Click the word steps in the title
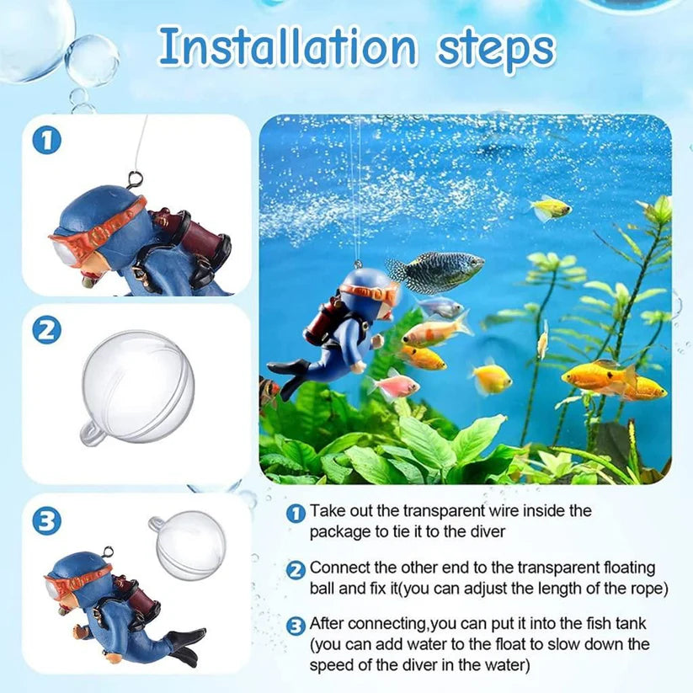(x=487, y=48)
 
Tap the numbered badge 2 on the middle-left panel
(x=47, y=330)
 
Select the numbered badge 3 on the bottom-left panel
(x=47, y=521)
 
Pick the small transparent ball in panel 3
(x=190, y=544)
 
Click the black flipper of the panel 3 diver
(x=186, y=643)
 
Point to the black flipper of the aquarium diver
(x=291, y=371)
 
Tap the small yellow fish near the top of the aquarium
(x=551, y=207)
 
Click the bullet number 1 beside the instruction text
(x=296, y=512)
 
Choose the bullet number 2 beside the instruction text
(x=296, y=570)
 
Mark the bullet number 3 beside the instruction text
(x=296, y=626)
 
